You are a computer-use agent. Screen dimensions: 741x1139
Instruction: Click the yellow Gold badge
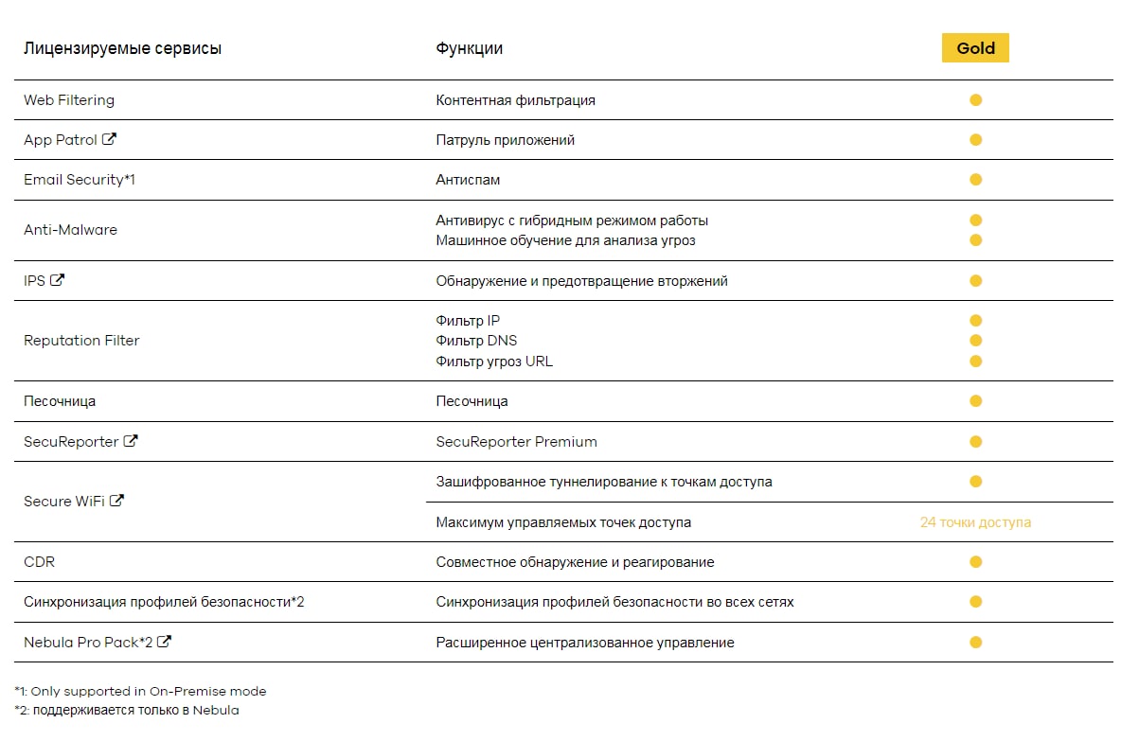pos(975,48)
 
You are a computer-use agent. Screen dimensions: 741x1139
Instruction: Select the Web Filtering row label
pos(69,100)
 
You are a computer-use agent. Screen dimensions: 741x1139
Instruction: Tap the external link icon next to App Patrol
pos(110,139)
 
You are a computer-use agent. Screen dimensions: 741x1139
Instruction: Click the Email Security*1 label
pos(80,180)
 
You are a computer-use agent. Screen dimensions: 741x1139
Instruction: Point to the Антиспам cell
pos(468,180)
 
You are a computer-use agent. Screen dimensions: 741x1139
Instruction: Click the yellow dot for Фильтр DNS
pos(975,341)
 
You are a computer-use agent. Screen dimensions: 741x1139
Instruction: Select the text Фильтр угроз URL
pos(494,362)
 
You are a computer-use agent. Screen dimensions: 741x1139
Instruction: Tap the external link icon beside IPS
pos(58,280)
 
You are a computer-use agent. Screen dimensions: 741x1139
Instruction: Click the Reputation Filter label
pos(81,341)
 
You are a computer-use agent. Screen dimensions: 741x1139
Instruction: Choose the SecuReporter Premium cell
pos(516,442)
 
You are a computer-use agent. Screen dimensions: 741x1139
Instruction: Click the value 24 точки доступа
pos(975,522)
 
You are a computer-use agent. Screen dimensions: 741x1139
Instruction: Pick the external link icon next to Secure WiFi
pos(116,501)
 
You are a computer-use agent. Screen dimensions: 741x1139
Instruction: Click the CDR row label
pos(40,562)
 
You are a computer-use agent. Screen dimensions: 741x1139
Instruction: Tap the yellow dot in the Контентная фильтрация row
pos(975,100)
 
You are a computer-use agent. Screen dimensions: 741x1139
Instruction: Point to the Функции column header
pos(469,48)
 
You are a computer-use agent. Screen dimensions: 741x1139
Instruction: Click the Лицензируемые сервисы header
pos(122,48)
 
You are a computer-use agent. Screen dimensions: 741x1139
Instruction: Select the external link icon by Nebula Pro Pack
pos(164,642)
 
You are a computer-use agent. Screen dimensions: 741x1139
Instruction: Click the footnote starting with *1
pos(141,692)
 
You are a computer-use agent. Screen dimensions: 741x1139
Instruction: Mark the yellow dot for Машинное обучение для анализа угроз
pos(975,240)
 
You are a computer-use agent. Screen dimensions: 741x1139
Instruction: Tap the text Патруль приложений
pos(505,140)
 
